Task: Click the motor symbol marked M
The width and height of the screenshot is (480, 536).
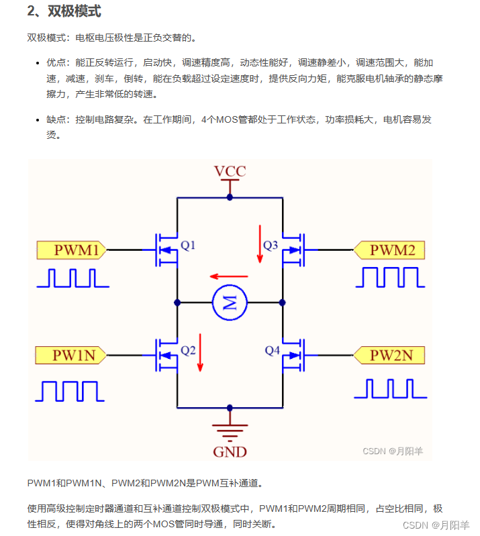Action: pos(230,303)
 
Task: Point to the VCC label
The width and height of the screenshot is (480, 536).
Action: pos(230,172)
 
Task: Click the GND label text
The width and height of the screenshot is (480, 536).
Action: pos(230,451)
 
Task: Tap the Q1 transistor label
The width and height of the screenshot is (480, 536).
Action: pos(188,246)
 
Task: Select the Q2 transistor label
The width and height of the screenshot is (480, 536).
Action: pos(188,350)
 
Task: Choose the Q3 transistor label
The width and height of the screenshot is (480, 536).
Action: pos(271,246)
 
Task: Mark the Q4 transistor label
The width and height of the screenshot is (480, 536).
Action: pos(272,350)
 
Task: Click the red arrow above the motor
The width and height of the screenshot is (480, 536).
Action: pos(228,276)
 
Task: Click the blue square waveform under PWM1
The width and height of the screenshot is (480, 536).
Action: pos(72,278)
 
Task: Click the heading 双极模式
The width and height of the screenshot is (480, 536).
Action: pos(73,11)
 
